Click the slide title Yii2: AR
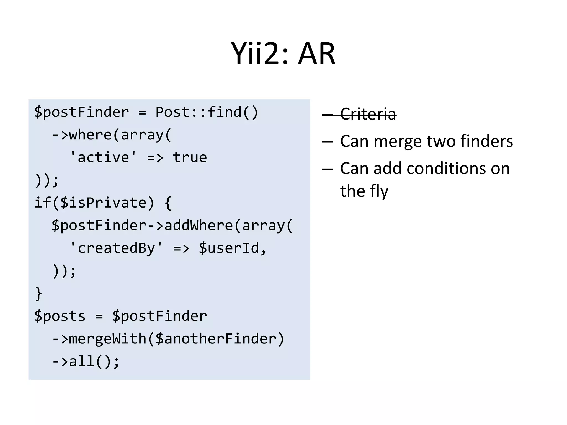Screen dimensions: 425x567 coord(283,53)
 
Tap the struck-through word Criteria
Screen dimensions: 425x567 coord(368,114)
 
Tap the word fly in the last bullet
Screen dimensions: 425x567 coord(379,191)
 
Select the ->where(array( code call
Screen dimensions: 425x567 coord(112,135)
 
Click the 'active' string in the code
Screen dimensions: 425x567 coord(103,157)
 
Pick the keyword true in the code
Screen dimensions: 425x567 coord(190,157)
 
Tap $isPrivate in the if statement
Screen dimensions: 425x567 coord(103,203)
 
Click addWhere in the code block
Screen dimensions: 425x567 coord(199,225)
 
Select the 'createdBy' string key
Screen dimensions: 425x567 coord(116,248)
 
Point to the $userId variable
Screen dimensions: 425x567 coord(229,248)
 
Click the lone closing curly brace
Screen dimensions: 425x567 coord(38,294)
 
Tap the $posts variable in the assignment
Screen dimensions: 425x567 coord(60,316)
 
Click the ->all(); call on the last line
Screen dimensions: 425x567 coord(86,361)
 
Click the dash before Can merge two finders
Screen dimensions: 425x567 coord(327,141)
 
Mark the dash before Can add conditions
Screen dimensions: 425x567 coord(327,169)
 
